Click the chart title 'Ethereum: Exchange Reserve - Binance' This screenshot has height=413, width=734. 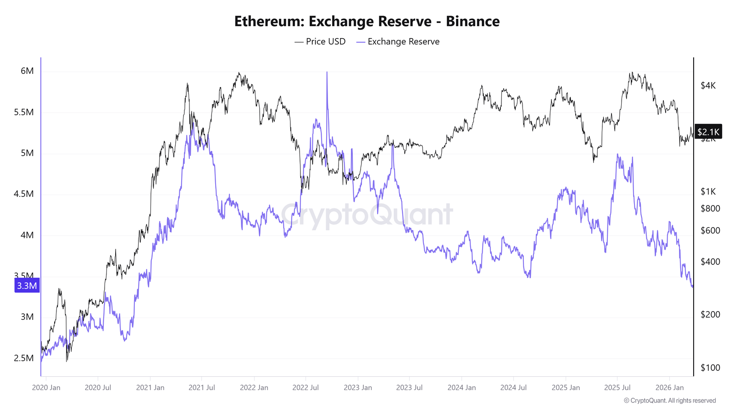pyautogui.click(x=367, y=21)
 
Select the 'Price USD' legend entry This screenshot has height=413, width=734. pyautogui.click(x=320, y=42)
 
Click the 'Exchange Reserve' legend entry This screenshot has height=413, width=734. pyautogui.click(x=398, y=42)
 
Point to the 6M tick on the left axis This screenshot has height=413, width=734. pyautogui.click(x=27, y=71)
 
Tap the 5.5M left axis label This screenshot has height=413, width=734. pyautogui.click(x=24, y=112)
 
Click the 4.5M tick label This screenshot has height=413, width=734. pyautogui.click(x=24, y=194)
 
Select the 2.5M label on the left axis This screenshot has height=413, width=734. pyautogui.click(x=24, y=358)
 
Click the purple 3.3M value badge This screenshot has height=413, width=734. pyautogui.click(x=27, y=286)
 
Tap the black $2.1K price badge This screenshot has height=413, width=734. pyautogui.click(x=708, y=132)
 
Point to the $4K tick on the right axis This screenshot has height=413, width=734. pyautogui.click(x=708, y=86)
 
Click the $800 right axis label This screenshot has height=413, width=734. pyautogui.click(x=710, y=208)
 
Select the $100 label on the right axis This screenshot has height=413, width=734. pyautogui.click(x=710, y=368)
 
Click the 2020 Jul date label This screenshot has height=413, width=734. pyautogui.click(x=98, y=388)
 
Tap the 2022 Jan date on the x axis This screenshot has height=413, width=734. pyautogui.click(x=254, y=388)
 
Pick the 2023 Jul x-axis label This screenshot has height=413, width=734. pyautogui.click(x=409, y=388)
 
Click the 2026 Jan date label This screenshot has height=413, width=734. pyautogui.click(x=669, y=388)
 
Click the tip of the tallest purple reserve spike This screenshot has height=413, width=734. pyautogui.click(x=327, y=73)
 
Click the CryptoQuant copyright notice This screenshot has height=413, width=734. pyautogui.click(x=670, y=401)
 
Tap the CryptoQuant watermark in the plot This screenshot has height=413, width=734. pyautogui.click(x=367, y=215)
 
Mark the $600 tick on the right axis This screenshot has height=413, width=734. pyautogui.click(x=710, y=230)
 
